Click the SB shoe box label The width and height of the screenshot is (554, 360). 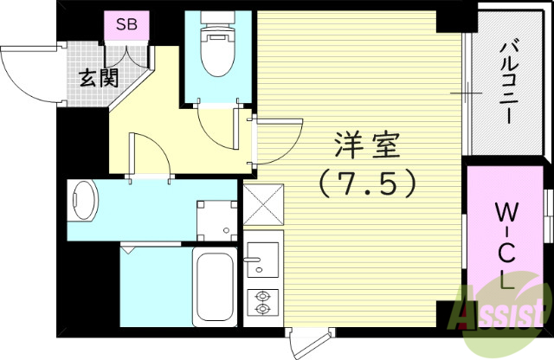[126, 23]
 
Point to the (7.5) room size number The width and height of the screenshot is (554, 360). [367, 184]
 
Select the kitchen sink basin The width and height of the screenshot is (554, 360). [261, 257]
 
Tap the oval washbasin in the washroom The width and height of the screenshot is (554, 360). [81, 202]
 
